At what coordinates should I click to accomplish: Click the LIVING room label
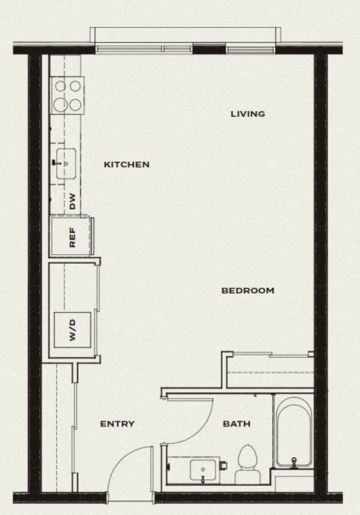(x=247, y=114)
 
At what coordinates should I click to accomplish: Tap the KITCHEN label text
(x=127, y=165)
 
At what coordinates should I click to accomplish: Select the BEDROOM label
(x=247, y=291)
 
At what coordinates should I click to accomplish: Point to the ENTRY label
(x=118, y=424)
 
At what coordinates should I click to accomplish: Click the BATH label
(x=236, y=424)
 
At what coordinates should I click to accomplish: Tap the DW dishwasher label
(x=73, y=201)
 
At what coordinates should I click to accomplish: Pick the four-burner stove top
(x=67, y=95)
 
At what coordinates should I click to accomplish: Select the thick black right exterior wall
(x=321, y=225)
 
